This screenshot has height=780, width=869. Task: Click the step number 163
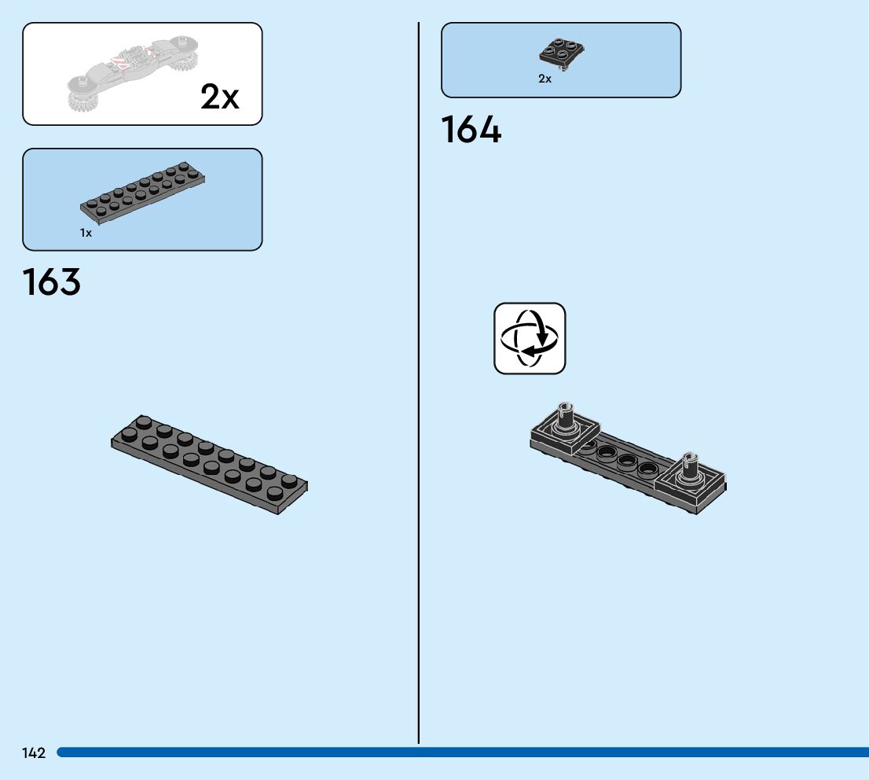click(x=52, y=282)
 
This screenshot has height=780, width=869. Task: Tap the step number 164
click(x=471, y=130)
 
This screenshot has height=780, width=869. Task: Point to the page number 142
click(x=34, y=753)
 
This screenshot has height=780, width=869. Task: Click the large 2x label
click(x=220, y=97)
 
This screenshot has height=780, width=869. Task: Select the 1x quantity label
click(x=86, y=233)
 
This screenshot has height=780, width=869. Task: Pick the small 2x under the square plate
click(x=544, y=79)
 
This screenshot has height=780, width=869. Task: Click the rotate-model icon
click(x=530, y=338)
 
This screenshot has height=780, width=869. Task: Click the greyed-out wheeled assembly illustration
click(x=134, y=72)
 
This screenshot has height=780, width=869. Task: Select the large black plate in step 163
click(x=209, y=464)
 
